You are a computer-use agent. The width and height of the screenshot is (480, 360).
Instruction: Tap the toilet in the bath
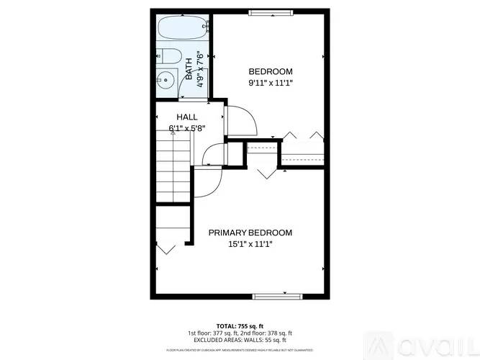coord(168,56)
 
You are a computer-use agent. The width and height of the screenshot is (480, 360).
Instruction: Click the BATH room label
coord(189,71)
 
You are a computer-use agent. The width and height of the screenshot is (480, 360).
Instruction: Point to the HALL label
coord(187,117)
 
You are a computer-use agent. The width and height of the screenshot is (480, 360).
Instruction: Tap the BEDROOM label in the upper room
coord(271,71)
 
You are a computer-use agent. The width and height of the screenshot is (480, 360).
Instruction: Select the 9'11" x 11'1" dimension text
coord(271,83)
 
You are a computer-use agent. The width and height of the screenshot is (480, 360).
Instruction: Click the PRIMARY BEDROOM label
coord(250,233)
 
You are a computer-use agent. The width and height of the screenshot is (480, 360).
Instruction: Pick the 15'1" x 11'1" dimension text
coord(250,244)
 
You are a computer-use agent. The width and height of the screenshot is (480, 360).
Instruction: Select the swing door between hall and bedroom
coord(242,120)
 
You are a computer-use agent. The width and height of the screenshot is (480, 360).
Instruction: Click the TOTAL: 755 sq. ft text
coord(240,325)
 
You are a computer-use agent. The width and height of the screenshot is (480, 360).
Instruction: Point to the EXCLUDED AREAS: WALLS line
coord(240,339)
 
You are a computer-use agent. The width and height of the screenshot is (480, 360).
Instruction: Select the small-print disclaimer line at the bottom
coord(240,350)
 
